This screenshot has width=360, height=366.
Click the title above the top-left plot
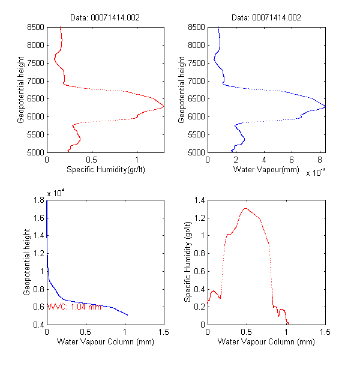tap(105, 18)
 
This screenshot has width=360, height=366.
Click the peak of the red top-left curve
tap(163, 107)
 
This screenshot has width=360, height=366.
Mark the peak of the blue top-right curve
tap(324, 107)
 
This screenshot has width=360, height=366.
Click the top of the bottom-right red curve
tap(245, 209)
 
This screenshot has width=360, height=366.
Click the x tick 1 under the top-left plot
tap(137, 160)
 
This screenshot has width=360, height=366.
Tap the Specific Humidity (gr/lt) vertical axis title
tap(187, 262)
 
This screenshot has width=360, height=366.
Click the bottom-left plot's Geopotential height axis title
tap(26, 262)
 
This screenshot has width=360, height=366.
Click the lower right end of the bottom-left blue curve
tap(127, 314)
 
